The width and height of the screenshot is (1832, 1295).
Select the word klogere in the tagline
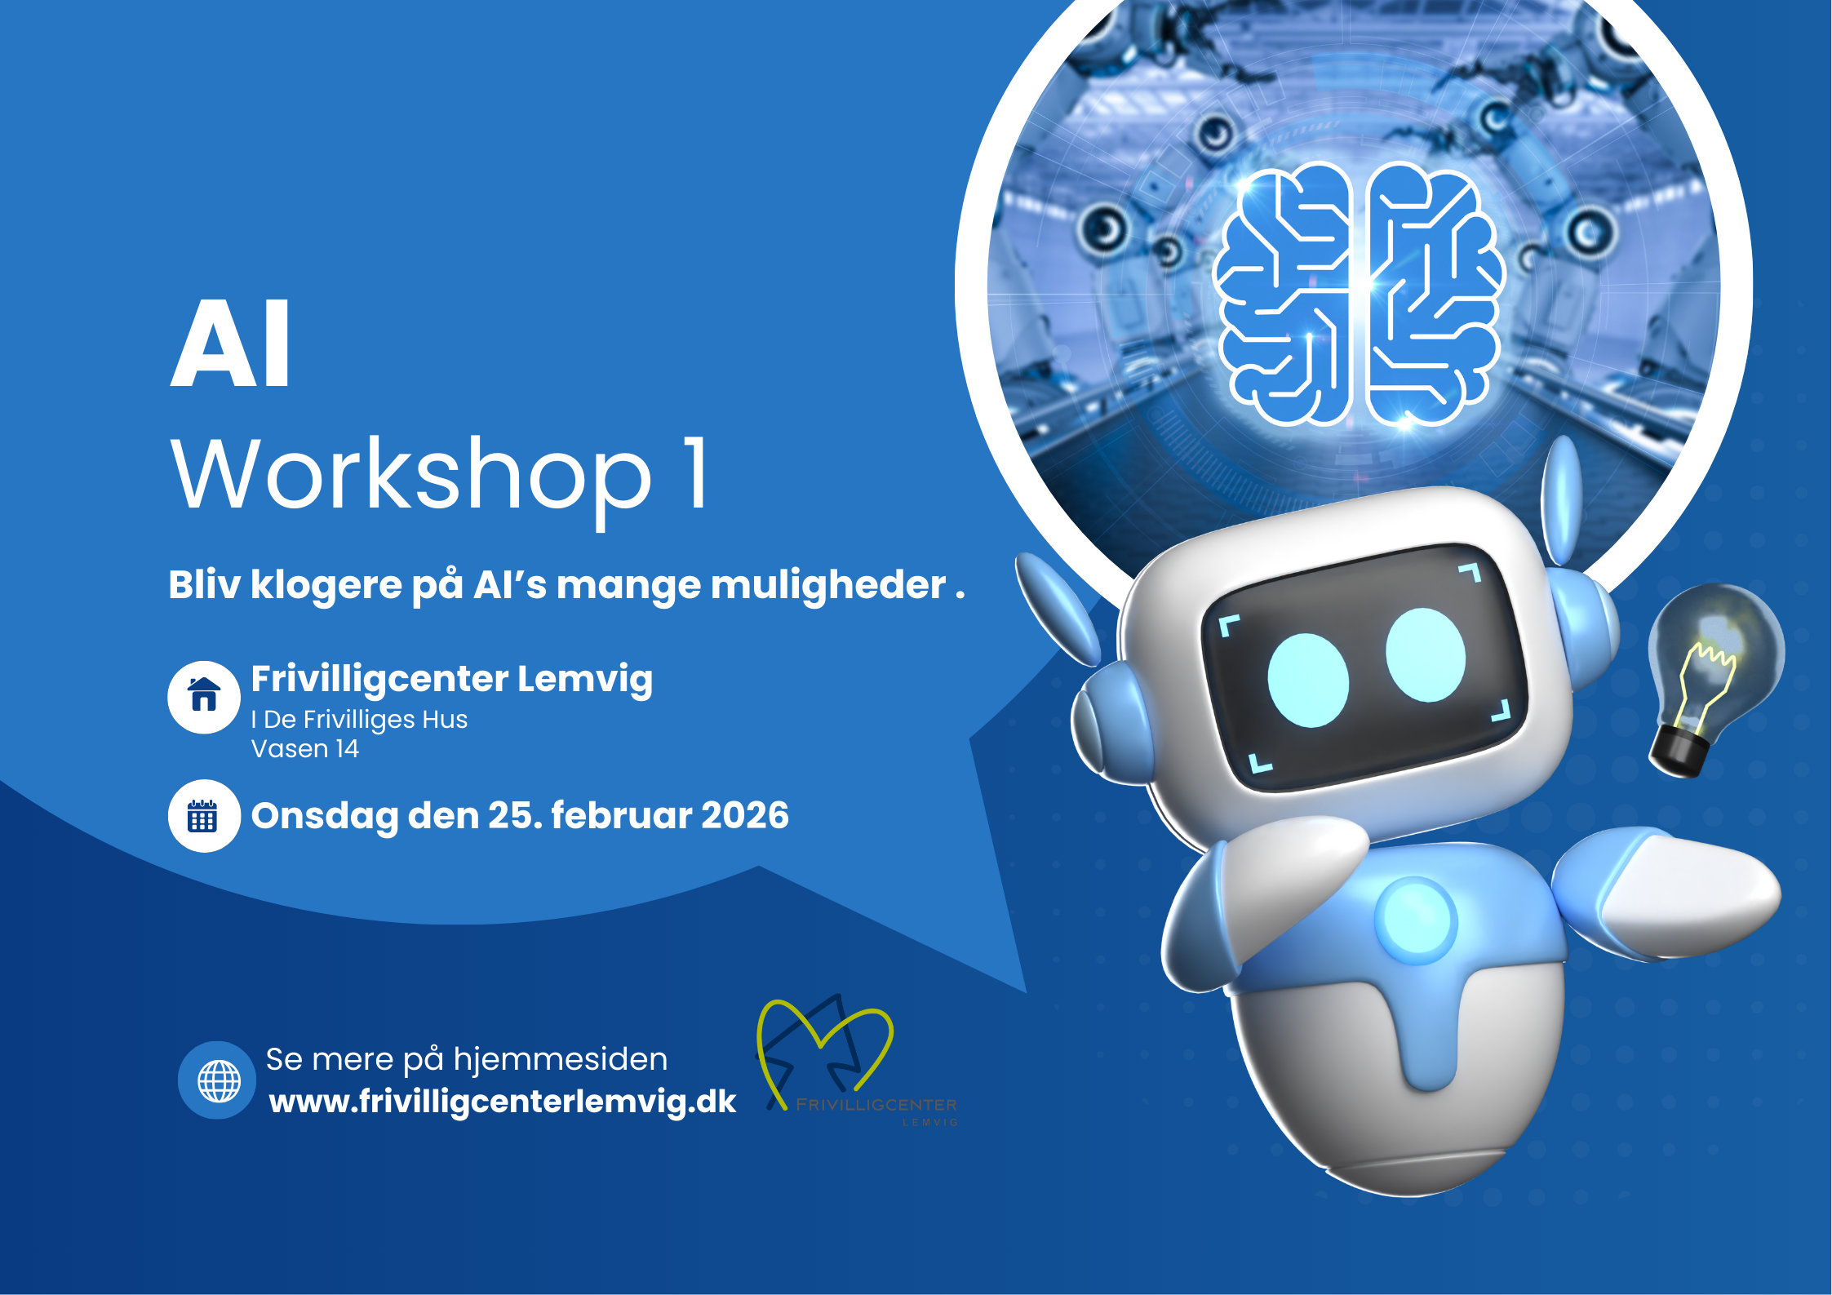coord(326,585)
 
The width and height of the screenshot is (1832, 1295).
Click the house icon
coord(204,696)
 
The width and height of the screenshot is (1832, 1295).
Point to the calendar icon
coord(203,816)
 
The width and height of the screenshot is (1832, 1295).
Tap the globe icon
coord(218,1080)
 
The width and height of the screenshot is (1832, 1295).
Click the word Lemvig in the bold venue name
coord(584,679)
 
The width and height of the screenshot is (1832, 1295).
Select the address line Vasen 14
coord(305,749)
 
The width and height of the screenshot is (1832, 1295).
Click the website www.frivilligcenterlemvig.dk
coord(503,1102)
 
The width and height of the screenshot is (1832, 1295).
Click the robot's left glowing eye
coord(1307,680)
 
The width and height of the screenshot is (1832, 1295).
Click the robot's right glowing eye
coord(1425,654)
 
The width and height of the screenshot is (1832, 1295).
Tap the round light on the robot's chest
coord(1415,920)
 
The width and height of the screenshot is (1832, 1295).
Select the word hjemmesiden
coord(561,1059)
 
